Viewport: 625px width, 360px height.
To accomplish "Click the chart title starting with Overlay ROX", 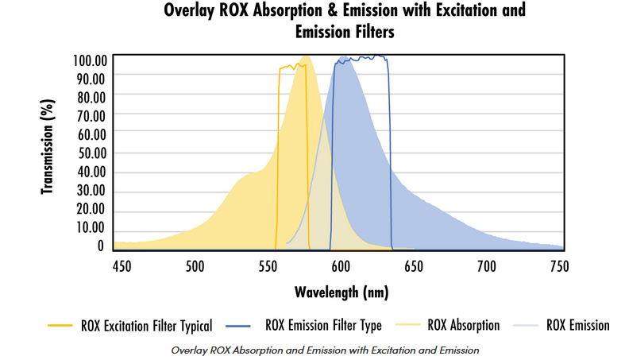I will [344, 21].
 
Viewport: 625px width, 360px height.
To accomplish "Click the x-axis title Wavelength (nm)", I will [341, 292].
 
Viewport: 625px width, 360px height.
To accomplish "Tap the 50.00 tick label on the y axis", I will [92, 153].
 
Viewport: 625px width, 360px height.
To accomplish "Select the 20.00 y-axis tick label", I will [92, 209].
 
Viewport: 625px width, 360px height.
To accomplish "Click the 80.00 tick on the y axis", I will [92, 97].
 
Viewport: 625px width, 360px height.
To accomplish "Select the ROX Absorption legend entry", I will [464, 325].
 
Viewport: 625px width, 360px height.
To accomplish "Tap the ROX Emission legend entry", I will [577, 325].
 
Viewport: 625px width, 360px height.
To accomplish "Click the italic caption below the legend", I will [326, 350].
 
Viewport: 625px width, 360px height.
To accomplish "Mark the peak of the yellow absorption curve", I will [305, 56].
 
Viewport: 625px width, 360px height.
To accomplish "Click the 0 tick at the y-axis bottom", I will [101, 246].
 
